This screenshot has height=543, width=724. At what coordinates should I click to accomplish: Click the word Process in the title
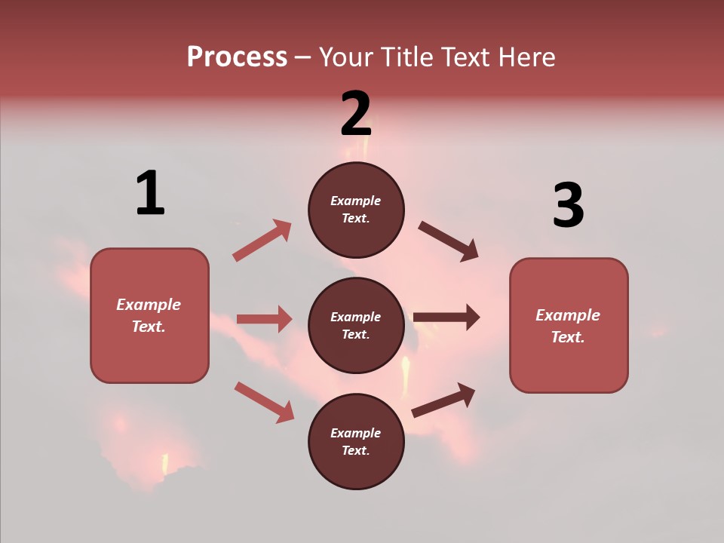pyautogui.click(x=237, y=57)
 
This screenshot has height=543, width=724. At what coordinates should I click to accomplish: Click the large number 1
pyautogui.click(x=150, y=194)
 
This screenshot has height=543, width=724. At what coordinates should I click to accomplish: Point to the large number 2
pyautogui.click(x=356, y=114)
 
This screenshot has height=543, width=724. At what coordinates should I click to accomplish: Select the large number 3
pyautogui.click(x=568, y=206)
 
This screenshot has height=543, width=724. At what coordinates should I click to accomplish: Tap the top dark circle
pyautogui.click(x=356, y=210)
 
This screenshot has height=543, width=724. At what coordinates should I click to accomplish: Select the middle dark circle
pyautogui.click(x=356, y=325)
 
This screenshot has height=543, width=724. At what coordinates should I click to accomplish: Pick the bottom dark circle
pyautogui.click(x=356, y=441)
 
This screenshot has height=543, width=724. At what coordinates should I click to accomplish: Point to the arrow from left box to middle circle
pyautogui.click(x=264, y=319)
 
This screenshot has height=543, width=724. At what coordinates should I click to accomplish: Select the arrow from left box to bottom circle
pyautogui.click(x=264, y=401)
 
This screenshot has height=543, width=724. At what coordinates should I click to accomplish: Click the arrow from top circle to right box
pyautogui.click(x=449, y=241)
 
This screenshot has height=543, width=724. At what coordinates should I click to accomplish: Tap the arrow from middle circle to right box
pyautogui.click(x=446, y=318)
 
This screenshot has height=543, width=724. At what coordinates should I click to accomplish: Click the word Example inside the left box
pyautogui.click(x=149, y=305)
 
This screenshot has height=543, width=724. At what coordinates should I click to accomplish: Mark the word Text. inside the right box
pyautogui.click(x=568, y=337)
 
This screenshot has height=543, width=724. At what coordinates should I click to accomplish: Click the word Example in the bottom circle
pyautogui.click(x=356, y=433)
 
